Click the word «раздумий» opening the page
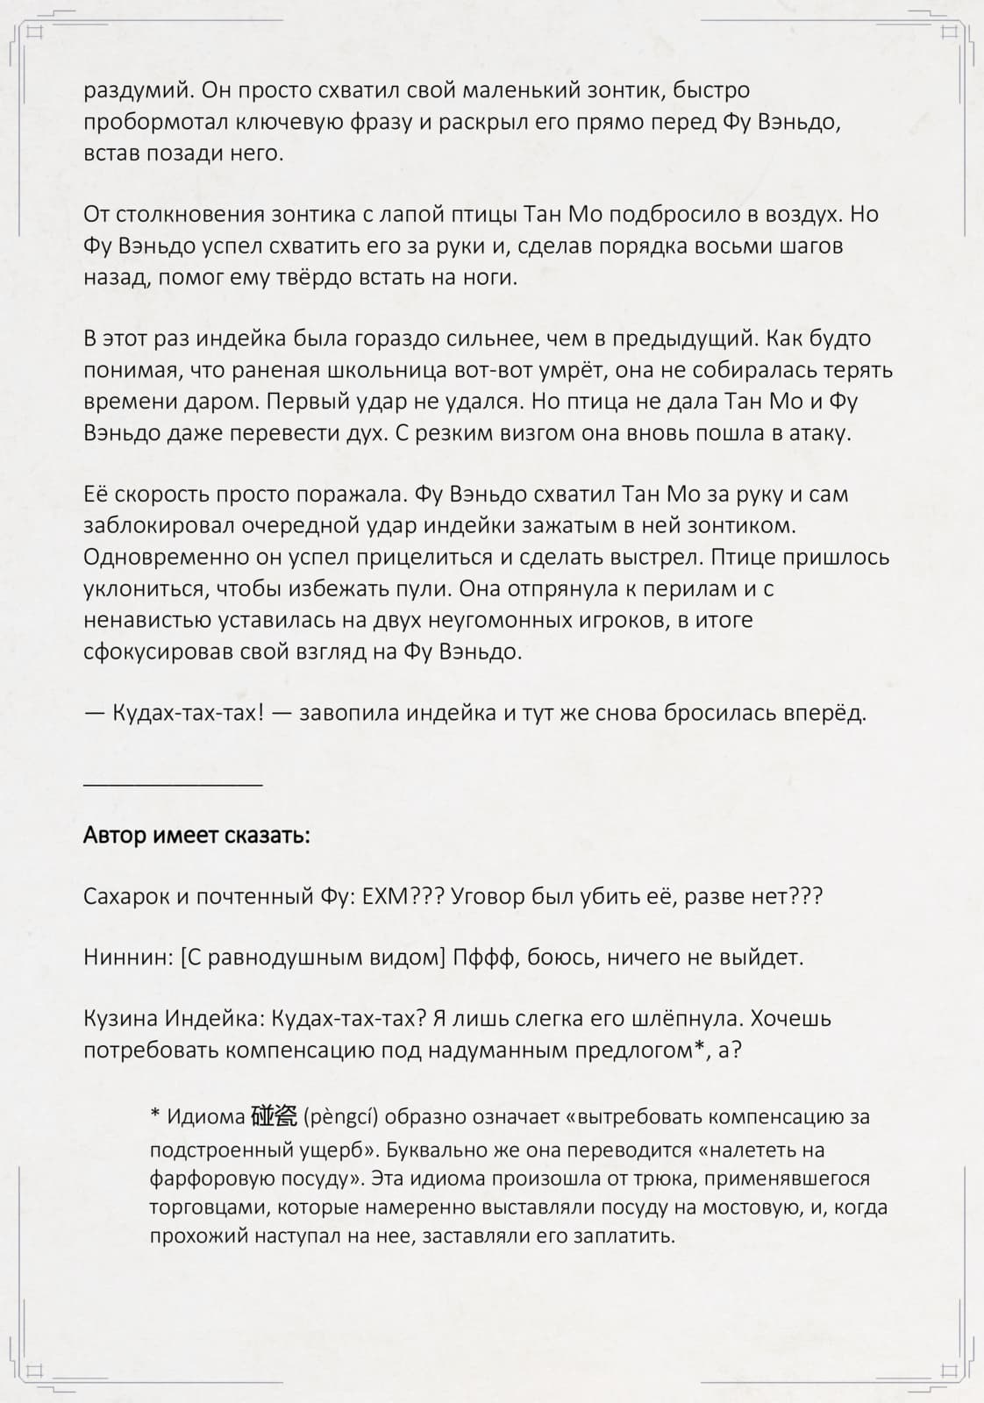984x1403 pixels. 135,91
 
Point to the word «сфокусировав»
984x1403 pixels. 156,652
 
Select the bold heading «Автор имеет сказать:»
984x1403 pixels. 196,835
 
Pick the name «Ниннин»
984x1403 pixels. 125,957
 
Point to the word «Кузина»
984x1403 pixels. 120,1019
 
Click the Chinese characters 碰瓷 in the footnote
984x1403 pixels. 274,1115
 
